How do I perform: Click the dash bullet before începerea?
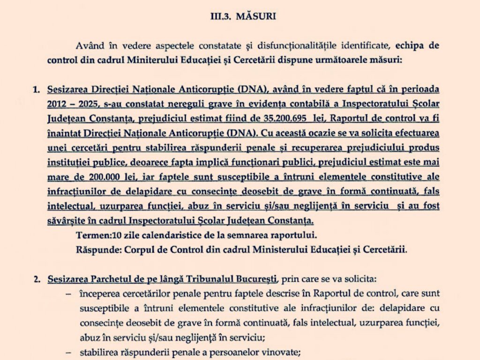point(69,294)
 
